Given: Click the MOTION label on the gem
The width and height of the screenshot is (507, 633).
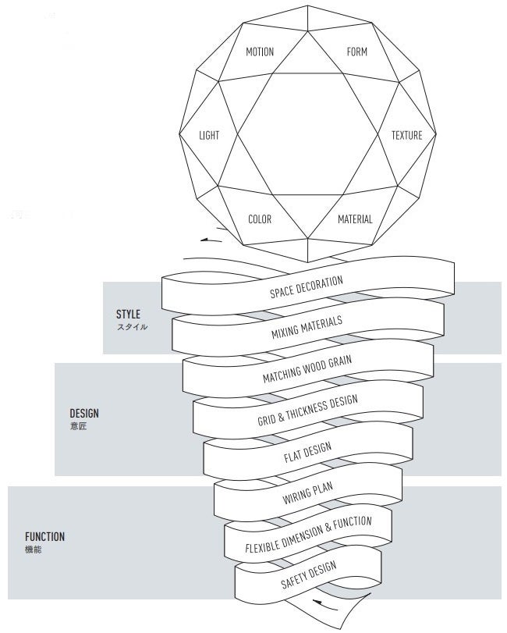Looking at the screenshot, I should (x=260, y=52).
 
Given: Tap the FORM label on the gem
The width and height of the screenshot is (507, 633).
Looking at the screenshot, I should (x=356, y=52).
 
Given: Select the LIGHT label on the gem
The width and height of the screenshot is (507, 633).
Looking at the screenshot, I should (x=209, y=135).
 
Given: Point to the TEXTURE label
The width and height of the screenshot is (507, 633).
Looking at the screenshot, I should (x=406, y=135).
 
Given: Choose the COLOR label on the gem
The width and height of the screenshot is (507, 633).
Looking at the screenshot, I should (x=260, y=219).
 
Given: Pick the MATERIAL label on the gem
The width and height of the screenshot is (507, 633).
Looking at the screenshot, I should (x=355, y=219).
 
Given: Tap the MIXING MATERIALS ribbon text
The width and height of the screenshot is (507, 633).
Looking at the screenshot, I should (x=307, y=328).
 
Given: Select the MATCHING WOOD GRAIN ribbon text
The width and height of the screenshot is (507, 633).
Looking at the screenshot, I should (x=307, y=368).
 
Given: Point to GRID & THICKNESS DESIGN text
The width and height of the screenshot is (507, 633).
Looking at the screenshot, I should (x=307, y=411).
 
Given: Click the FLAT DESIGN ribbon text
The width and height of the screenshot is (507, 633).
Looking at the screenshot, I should (x=307, y=453).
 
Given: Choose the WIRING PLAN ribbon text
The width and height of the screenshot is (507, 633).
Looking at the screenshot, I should (x=307, y=494).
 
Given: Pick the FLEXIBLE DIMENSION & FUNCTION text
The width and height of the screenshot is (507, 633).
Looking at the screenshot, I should (x=308, y=535).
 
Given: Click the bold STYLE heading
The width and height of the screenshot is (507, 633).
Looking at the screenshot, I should (x=128, y=315).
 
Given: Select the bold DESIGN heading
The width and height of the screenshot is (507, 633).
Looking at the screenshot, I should (x=84, y=414).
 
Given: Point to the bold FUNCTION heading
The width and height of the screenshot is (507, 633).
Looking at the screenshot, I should (x=44, y=537).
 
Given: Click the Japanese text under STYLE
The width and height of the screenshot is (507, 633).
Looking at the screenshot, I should (x=132, y=327).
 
